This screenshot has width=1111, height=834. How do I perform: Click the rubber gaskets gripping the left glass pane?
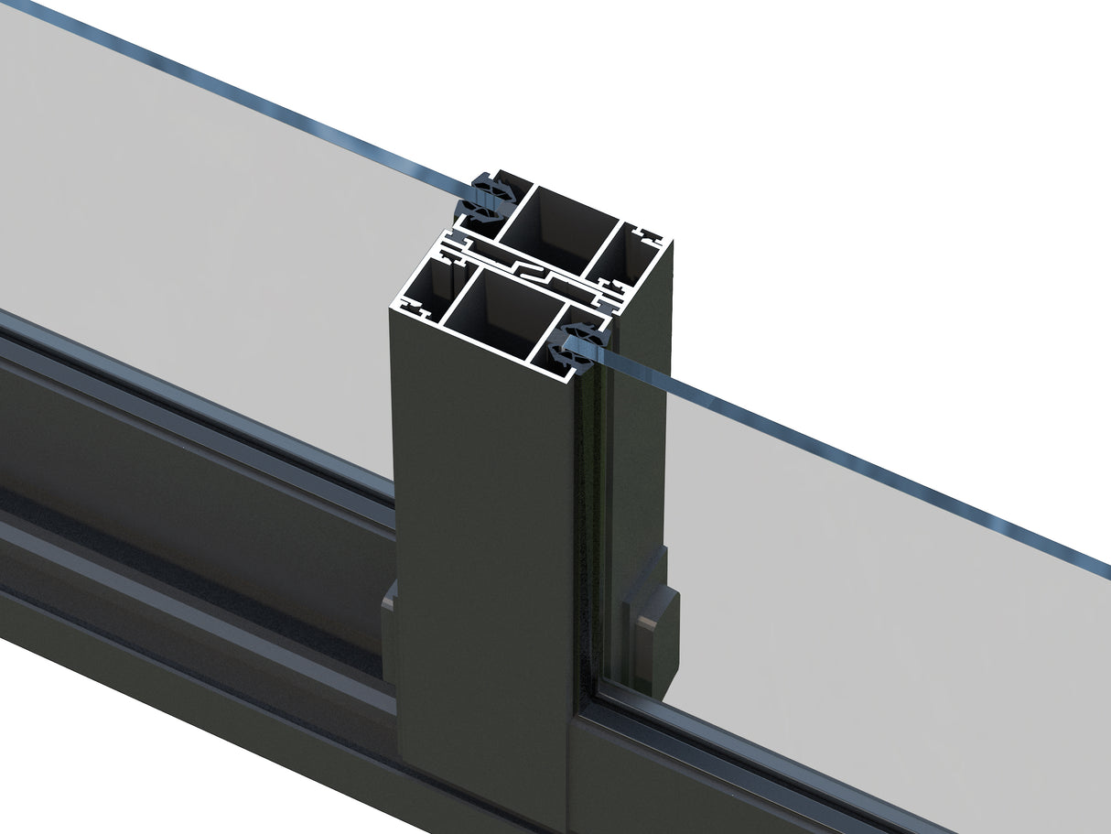pos(484,202)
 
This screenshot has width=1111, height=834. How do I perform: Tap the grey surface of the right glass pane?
pos(869,595)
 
